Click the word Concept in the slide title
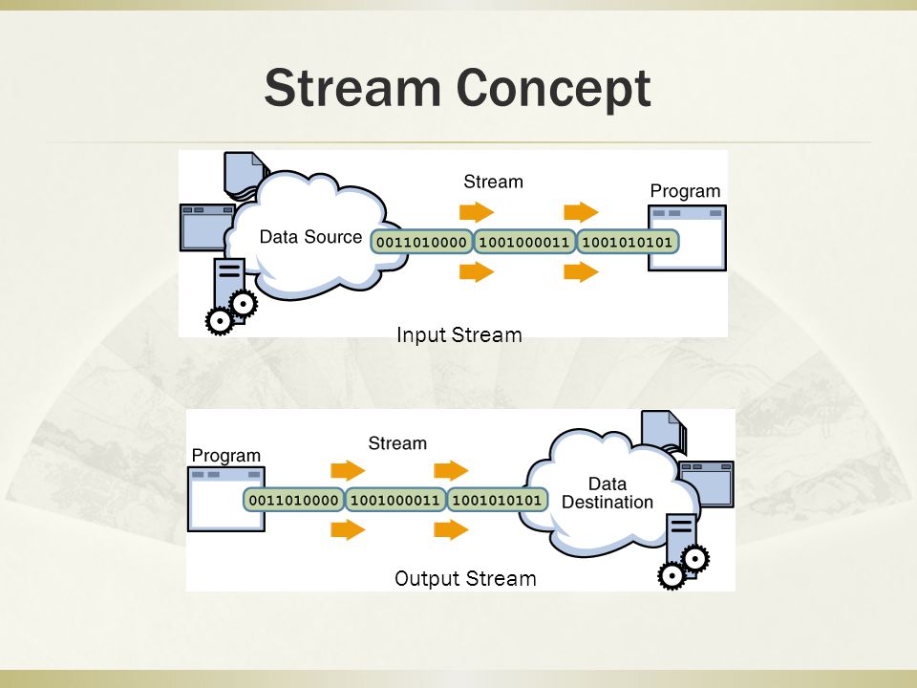pyautogui.click(x=553, y=88)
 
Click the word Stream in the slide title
pyautogui.click(x=352, y=88)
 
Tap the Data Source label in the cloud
pyautogui.click(x=310, y=237)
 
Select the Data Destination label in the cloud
pyautogui.click(x=608, y=493)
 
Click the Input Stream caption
pyautogui.click(x=459, y=335)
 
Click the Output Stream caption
pyautogui.click(x=465, y=579)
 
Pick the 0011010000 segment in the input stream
pyautogui.click(x=421, y=242)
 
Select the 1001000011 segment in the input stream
pyautogui.click(x=524, y=242)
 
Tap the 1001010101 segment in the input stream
pyautogui.click(x=628, y=242)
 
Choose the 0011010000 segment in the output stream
pyautogui.click(x=293, y=500)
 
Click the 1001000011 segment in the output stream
pyautogui.click(x=395, y=500)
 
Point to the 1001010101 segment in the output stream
pyautogui.click(x=497, y=500)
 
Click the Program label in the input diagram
pyautogui.click(x=685, y=192)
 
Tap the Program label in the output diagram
pyautogui.click(x=225, y=456)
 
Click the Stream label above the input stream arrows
pyautogui.click(x=493, y=182)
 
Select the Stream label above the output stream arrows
pyautogui.click(x=397, y=443)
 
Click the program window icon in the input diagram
pyautogui.click(x=687, y=238)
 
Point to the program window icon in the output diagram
pyautogui.click(x=225, y=499)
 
